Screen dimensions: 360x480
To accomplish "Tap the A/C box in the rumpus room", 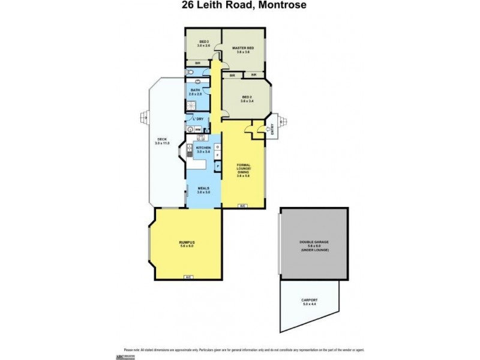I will (188, 277).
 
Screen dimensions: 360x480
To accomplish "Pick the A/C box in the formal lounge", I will (242, 206).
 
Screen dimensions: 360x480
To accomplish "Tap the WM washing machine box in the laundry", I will (197, 129).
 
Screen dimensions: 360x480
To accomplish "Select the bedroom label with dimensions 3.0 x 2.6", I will (203, 43).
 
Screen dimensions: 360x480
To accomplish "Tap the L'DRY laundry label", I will (199, 119).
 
